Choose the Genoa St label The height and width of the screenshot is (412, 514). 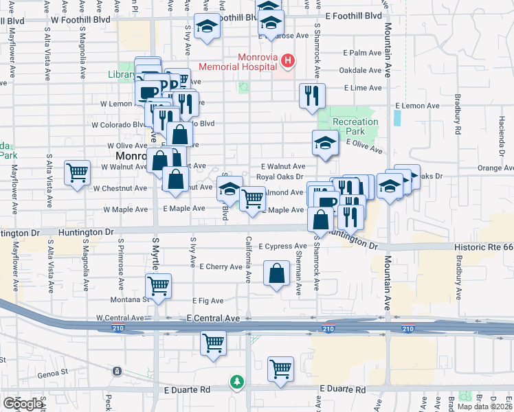pos(54,371)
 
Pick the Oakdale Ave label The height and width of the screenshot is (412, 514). pos(360,70)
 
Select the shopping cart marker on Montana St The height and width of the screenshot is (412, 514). pos(159,285)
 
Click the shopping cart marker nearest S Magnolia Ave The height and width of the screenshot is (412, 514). pos(77,172)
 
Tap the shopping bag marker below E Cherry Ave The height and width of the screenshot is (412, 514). pos(276,274)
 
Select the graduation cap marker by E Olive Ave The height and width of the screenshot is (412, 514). pos(325,143)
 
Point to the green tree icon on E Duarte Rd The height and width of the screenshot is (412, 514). pos(237,381)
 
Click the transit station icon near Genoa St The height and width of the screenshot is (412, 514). pos(118,371)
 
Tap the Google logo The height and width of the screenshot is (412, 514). pos(23,404)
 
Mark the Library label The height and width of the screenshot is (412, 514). pos(121,74)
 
